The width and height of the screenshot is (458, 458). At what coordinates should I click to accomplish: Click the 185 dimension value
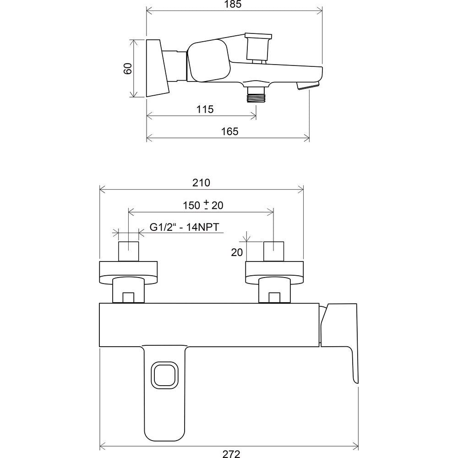coord(234,5)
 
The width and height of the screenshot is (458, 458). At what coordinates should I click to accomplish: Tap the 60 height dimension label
coord(128,69)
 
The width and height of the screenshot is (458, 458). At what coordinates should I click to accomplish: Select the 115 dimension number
coord(205,109)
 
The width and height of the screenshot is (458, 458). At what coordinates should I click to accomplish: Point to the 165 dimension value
coord(230,131)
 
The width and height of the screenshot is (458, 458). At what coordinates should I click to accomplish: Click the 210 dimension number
coord(201,183)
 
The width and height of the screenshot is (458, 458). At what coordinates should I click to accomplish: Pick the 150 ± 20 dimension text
coord(203,205)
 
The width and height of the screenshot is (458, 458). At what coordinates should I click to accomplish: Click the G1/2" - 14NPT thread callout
coord(184,227)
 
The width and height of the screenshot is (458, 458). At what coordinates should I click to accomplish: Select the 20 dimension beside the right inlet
coord(237,252)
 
